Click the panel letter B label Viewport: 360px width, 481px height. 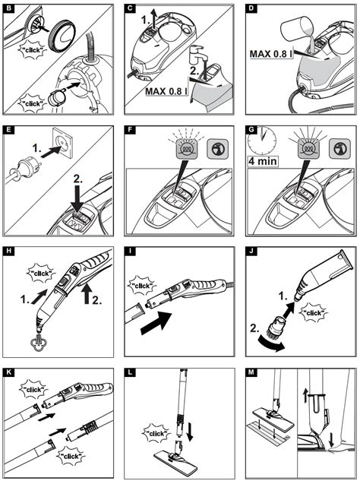(8, 8)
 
